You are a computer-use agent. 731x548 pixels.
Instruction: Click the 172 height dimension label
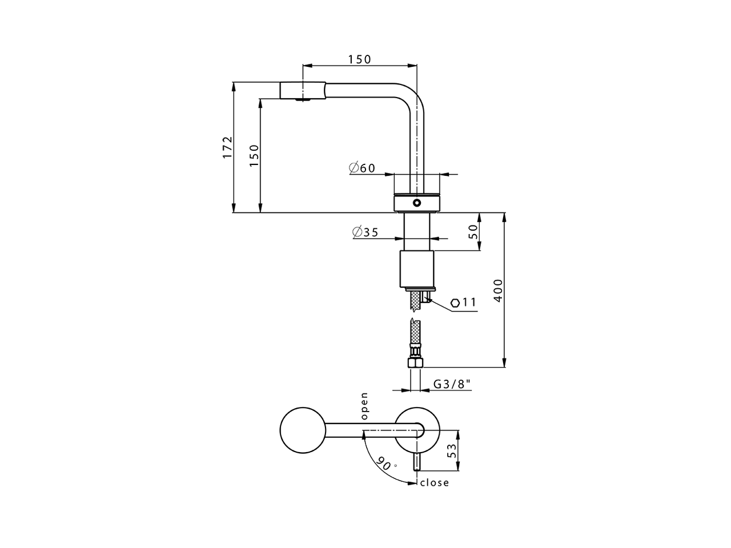point(228,147)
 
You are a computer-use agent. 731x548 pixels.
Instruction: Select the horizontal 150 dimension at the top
point(359,59)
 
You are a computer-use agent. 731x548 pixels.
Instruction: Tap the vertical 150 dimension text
point(254,155)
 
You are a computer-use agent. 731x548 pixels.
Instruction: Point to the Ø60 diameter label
point(362,168)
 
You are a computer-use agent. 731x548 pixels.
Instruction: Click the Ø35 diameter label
point(365,232)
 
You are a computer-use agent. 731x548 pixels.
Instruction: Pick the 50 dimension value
point(473,231)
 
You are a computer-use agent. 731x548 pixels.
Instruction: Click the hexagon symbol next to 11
point(455,303)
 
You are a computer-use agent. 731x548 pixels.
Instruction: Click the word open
point(364,406)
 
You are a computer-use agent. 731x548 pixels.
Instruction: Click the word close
point(435,483)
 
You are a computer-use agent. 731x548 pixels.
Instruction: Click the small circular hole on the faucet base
point(417,202)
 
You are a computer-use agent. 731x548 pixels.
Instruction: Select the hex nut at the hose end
point(415,362)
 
